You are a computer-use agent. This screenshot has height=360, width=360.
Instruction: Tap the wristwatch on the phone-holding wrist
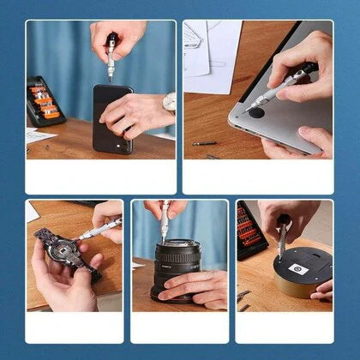pos(169,104)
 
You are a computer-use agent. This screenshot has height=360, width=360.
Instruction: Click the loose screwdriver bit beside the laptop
pos(205,143)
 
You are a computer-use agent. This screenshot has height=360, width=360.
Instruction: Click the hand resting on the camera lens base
pos(197,286)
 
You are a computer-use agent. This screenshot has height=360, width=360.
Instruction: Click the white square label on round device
pos(300,267)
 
